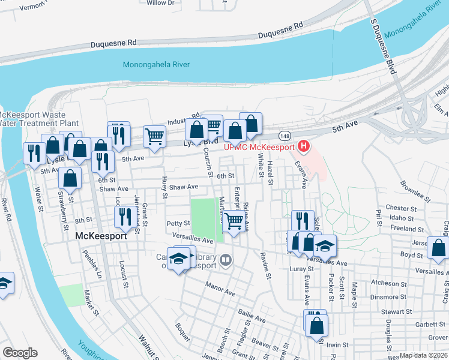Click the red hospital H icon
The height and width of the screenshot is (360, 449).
[304, 146]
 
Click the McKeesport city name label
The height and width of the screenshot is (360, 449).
[101, 236]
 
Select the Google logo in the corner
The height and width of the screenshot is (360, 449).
[19, 353]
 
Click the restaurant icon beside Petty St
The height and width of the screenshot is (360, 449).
[125, 217]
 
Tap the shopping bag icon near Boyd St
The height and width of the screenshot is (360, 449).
[438, 248]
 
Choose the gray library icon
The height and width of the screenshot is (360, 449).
[226, 260]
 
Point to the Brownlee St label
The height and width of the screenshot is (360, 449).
[415, 191]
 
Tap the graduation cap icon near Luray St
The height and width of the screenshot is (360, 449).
[325, 245]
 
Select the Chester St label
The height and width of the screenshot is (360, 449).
[402, 208]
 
